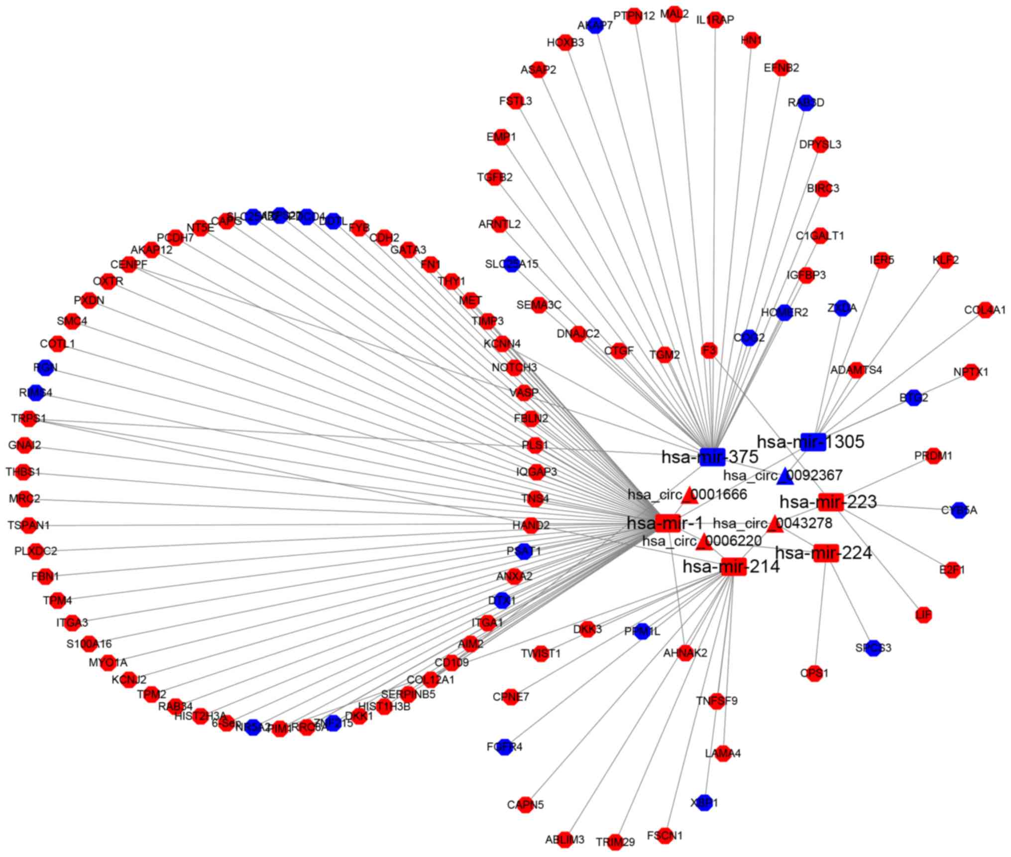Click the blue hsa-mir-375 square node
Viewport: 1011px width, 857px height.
[x=712, y=456]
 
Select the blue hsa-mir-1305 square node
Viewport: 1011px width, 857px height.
[x=813, y=442]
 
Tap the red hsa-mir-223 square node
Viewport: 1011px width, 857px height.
[x=830, y=502]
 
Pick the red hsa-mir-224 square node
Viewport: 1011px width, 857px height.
[x=826, y=553]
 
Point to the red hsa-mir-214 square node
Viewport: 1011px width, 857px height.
[x=733, y=566]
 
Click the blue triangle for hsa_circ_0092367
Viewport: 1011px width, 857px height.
[x=785, y=476]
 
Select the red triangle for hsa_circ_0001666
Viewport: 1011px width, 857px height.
[x=689, y=495]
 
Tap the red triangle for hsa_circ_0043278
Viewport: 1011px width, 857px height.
[x=774, y=524]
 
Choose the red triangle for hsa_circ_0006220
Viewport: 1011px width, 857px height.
[x=703, y=542]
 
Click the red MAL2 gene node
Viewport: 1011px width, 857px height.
[x=674, y=14]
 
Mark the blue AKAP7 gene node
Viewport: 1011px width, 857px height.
[x=595, y=25]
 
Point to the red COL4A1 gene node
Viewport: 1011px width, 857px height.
[x=985, y=310]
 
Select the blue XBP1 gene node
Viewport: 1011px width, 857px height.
[x=704, y=803]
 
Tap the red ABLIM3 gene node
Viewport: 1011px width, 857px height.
[x=564, y=839]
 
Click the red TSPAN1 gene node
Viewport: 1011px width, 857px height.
[x=29, y=525]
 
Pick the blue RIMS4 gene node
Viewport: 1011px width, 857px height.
[x=35, y=393]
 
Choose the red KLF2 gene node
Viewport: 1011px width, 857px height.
[x=945, y=260]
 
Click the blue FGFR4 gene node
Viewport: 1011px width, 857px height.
[x=505, y=747]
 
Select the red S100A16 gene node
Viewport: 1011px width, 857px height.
[x=89, y=643]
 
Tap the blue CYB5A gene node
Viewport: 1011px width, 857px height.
[x=959, y=510]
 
